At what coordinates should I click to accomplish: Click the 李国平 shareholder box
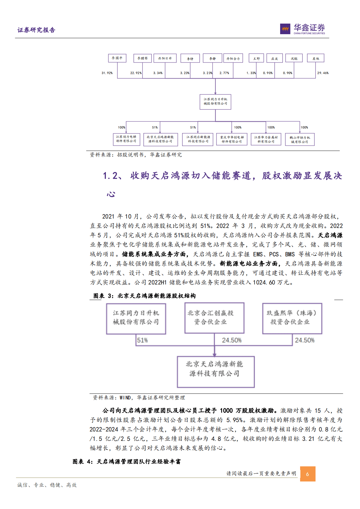[x=117, y=58]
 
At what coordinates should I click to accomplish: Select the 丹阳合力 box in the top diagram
[x=233, y=58]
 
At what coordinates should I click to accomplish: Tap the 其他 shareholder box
[x=316, y=58]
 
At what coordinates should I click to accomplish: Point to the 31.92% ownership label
[x=107, y=73]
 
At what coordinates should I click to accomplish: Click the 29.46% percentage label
[x=323, y=73]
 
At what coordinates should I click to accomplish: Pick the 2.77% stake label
[x=224, y=73]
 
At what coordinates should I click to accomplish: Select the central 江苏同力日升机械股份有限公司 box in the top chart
[x=215, y=102]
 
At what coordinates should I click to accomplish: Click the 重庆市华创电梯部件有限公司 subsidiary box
[x=232, y=139]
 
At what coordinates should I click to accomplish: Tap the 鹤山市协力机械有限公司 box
[x=300, y=140]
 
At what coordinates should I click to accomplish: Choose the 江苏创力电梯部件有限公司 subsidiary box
[x=126, y=139]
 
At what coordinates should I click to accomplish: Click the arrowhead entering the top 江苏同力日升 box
[x=215, y=93]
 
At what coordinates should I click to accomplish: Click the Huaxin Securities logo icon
[x=285, y=29]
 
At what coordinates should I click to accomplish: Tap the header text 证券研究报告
[x=36, y=30]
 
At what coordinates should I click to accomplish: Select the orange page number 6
[x=307, y=474]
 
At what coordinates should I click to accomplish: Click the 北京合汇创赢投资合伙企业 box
[x=214, y=318]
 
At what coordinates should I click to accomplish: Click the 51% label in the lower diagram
[x=142, y=340]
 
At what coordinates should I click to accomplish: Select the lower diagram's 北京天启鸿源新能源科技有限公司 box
[x=215, y=372]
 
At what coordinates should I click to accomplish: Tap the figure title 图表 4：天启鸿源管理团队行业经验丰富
[x=126, y=462]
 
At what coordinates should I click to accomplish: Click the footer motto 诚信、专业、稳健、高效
[x=47, y=485]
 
